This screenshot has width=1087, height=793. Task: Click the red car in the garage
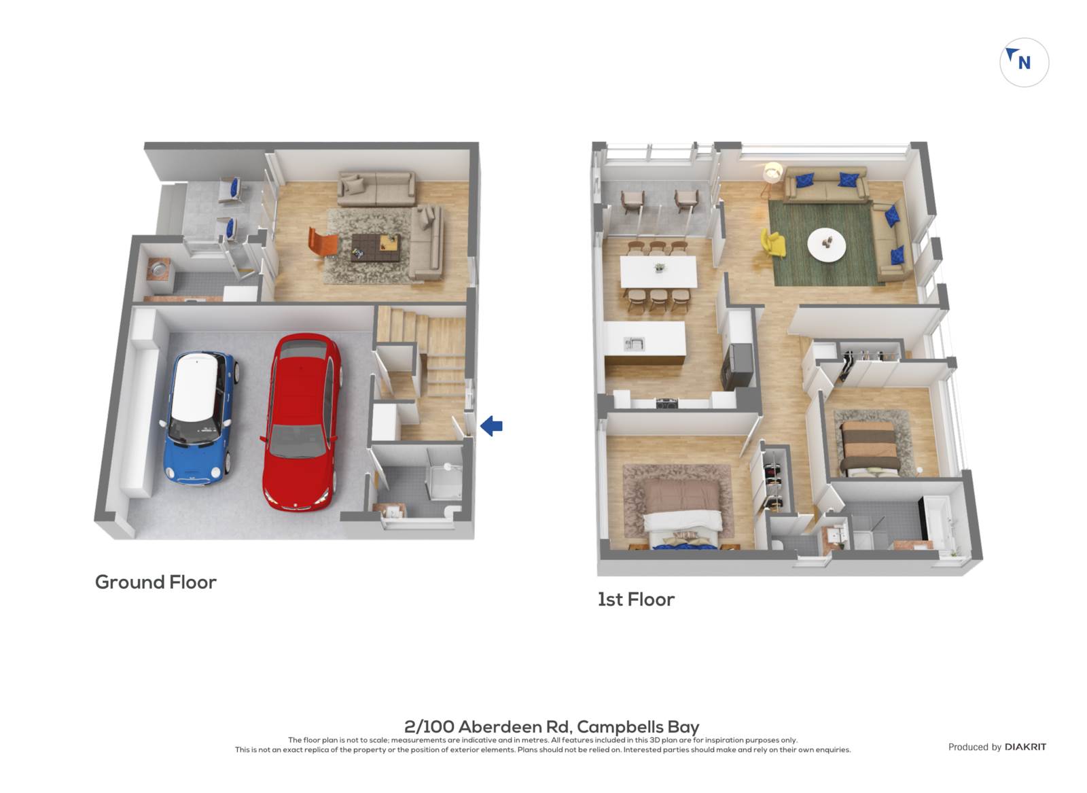(x=301, y=421)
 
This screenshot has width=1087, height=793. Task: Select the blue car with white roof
(x=199, y=417)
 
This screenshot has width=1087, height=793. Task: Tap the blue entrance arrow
(x=491, y=426)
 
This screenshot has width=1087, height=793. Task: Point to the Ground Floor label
(x=156, y=582)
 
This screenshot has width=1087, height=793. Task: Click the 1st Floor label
(x=636, y=600)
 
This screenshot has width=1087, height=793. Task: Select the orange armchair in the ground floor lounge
(x=322, y=241)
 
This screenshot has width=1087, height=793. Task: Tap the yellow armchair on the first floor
(x=772, y=243)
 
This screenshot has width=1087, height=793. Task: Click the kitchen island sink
(x=634, y=344)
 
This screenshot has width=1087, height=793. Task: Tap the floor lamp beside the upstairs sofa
(x=772, y=177)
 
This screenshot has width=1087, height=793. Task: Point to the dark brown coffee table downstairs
(x=376, y=247)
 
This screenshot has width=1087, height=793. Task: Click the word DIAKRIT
(x=1025, y=747)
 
